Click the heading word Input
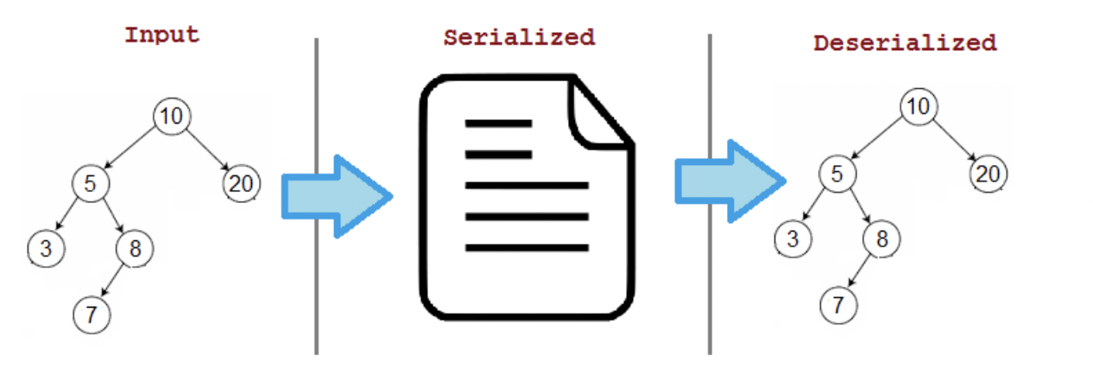(x=161, y=35)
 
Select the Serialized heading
(x=519, y=38)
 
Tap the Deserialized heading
(x=905, y=42)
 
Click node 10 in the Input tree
(x=172, y=117)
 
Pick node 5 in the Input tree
(x=90, y=182)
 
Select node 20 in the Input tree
(x=241, y=182)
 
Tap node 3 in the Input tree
(x=46, y=249)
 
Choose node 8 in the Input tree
(x=135, y=249)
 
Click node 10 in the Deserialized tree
(x=919, y=107)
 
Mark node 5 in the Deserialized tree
(x=837, y=174)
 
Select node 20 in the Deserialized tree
(x=988, y=174)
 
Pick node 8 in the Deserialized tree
(x=881, y=238)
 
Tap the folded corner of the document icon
(x=598, y=112)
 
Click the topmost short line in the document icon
(x=498, y=124)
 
